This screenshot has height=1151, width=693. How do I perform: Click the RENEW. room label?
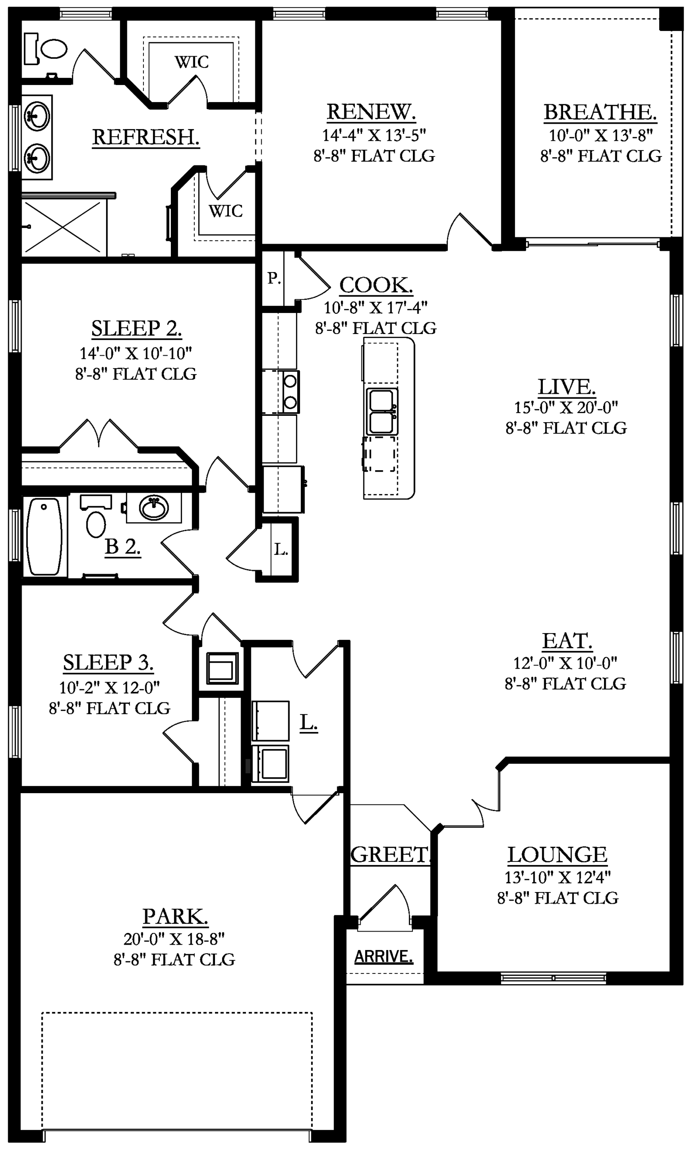click(x=371, y=112)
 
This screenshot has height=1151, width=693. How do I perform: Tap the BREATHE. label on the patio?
click(x=600, y=112)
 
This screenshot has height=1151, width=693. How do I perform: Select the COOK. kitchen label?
click(x=376, y=285)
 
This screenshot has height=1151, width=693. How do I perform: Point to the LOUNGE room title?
click(x=558, y=855)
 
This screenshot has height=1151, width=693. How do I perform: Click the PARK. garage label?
click(x=175, y=916)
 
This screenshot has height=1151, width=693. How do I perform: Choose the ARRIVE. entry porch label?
click(x=384, y=953)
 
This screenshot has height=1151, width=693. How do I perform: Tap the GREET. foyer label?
click(x=390, y=855)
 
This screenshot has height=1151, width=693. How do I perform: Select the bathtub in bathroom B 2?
click(x=45, y=536)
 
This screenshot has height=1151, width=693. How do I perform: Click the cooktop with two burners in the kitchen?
click(x=290, y=392)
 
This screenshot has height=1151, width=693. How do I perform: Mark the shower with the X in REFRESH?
click(x=64, y=227)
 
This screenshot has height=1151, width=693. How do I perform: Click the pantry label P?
click(x=274, y=279)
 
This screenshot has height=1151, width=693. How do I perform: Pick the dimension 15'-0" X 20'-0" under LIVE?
click(x=566, y=407)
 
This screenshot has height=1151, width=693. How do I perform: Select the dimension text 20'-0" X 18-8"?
click(x=174, y=939)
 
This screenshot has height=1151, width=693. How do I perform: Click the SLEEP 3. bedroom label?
click(x=108, y=662)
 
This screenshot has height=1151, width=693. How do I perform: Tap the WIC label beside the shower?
click(x=226, y=211)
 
